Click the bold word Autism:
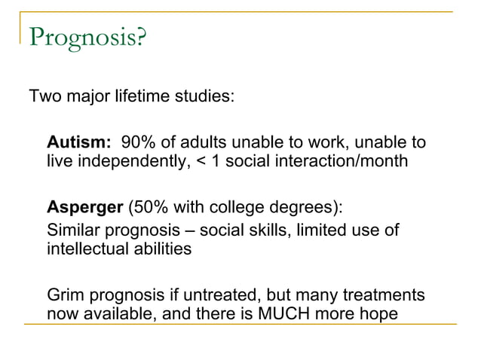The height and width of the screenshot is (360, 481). (79, 142)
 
